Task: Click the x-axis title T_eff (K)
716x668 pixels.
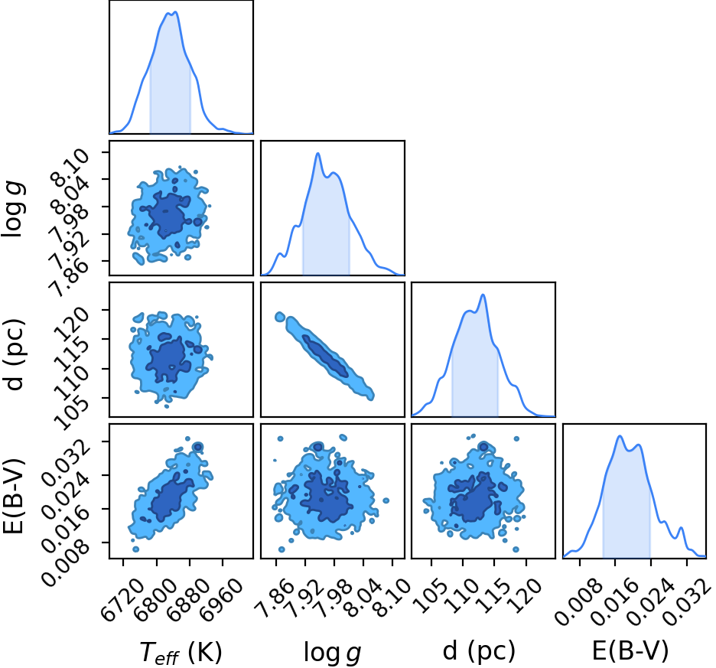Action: pos(181,652)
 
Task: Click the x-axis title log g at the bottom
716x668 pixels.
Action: pos(333,652)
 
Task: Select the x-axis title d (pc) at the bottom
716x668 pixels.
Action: pos(479,650)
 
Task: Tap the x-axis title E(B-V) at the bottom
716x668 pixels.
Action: pos(630,650)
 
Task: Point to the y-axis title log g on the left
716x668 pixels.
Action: pos(12,209)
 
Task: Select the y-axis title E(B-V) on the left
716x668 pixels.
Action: pos(13,496)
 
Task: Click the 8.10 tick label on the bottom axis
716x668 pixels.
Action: pos(394,594)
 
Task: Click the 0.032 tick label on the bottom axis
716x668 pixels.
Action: pos(687,599)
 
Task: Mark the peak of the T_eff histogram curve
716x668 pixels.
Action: pos(175,12)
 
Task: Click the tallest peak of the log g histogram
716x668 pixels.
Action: pos(317,154)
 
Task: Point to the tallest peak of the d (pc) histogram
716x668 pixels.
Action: pos(483,295)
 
